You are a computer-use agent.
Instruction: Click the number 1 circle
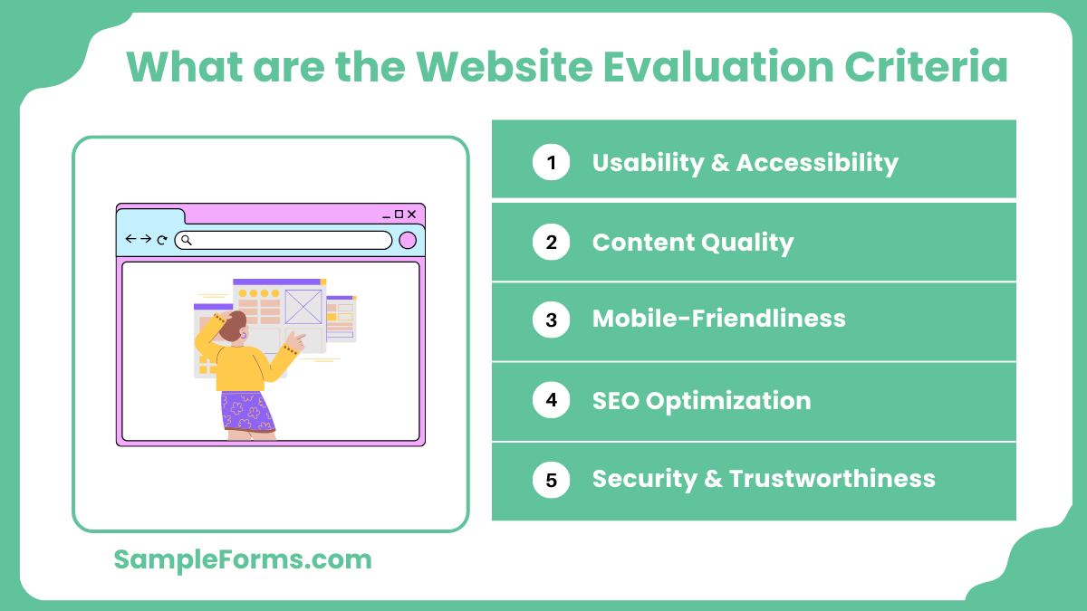coord(551,163)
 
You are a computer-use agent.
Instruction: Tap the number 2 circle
coord(551,243)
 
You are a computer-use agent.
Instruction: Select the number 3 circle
coord(551,320)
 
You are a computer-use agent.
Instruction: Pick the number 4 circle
coord(551,400)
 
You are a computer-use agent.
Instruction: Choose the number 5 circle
coord(551,480)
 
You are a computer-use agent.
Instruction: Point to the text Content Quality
coord(693,243)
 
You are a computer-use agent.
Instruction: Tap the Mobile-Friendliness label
coord(718,320)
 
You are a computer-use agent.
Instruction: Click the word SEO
coord(615,400)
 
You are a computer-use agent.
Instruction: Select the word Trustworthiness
coord(832,479)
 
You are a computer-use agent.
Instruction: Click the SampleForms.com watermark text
coord(243,559)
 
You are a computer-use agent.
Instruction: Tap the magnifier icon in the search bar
coord(186,240)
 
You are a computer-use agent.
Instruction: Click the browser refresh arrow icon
coord(162,240)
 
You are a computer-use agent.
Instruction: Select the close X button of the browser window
coord(411,215)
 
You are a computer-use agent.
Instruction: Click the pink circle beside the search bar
coord(408,240)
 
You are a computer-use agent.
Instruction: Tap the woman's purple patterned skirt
coord(246,411)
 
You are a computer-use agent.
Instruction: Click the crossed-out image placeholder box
coord(303,307)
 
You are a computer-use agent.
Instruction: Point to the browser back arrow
coord(130,239)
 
